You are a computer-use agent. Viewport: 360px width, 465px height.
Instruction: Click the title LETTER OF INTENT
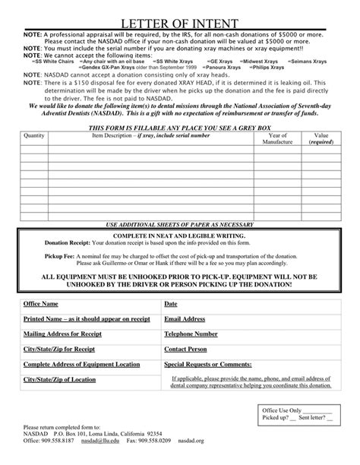pos(180,24)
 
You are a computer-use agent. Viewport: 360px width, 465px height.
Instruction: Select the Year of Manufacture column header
pos(276,138)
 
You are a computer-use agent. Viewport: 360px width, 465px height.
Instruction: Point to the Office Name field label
pos(41,304)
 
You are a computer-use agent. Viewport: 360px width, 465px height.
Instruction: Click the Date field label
pos(170,304)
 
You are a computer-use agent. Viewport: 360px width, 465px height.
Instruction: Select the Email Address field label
pos(185,320)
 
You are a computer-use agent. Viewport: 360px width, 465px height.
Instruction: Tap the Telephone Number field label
pos(191,334)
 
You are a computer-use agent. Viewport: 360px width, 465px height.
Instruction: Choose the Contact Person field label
pos(185,349)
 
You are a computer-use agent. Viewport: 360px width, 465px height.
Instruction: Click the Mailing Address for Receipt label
pos(59,334)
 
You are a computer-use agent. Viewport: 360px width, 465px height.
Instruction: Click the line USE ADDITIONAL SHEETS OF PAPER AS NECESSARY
pos(180,226)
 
